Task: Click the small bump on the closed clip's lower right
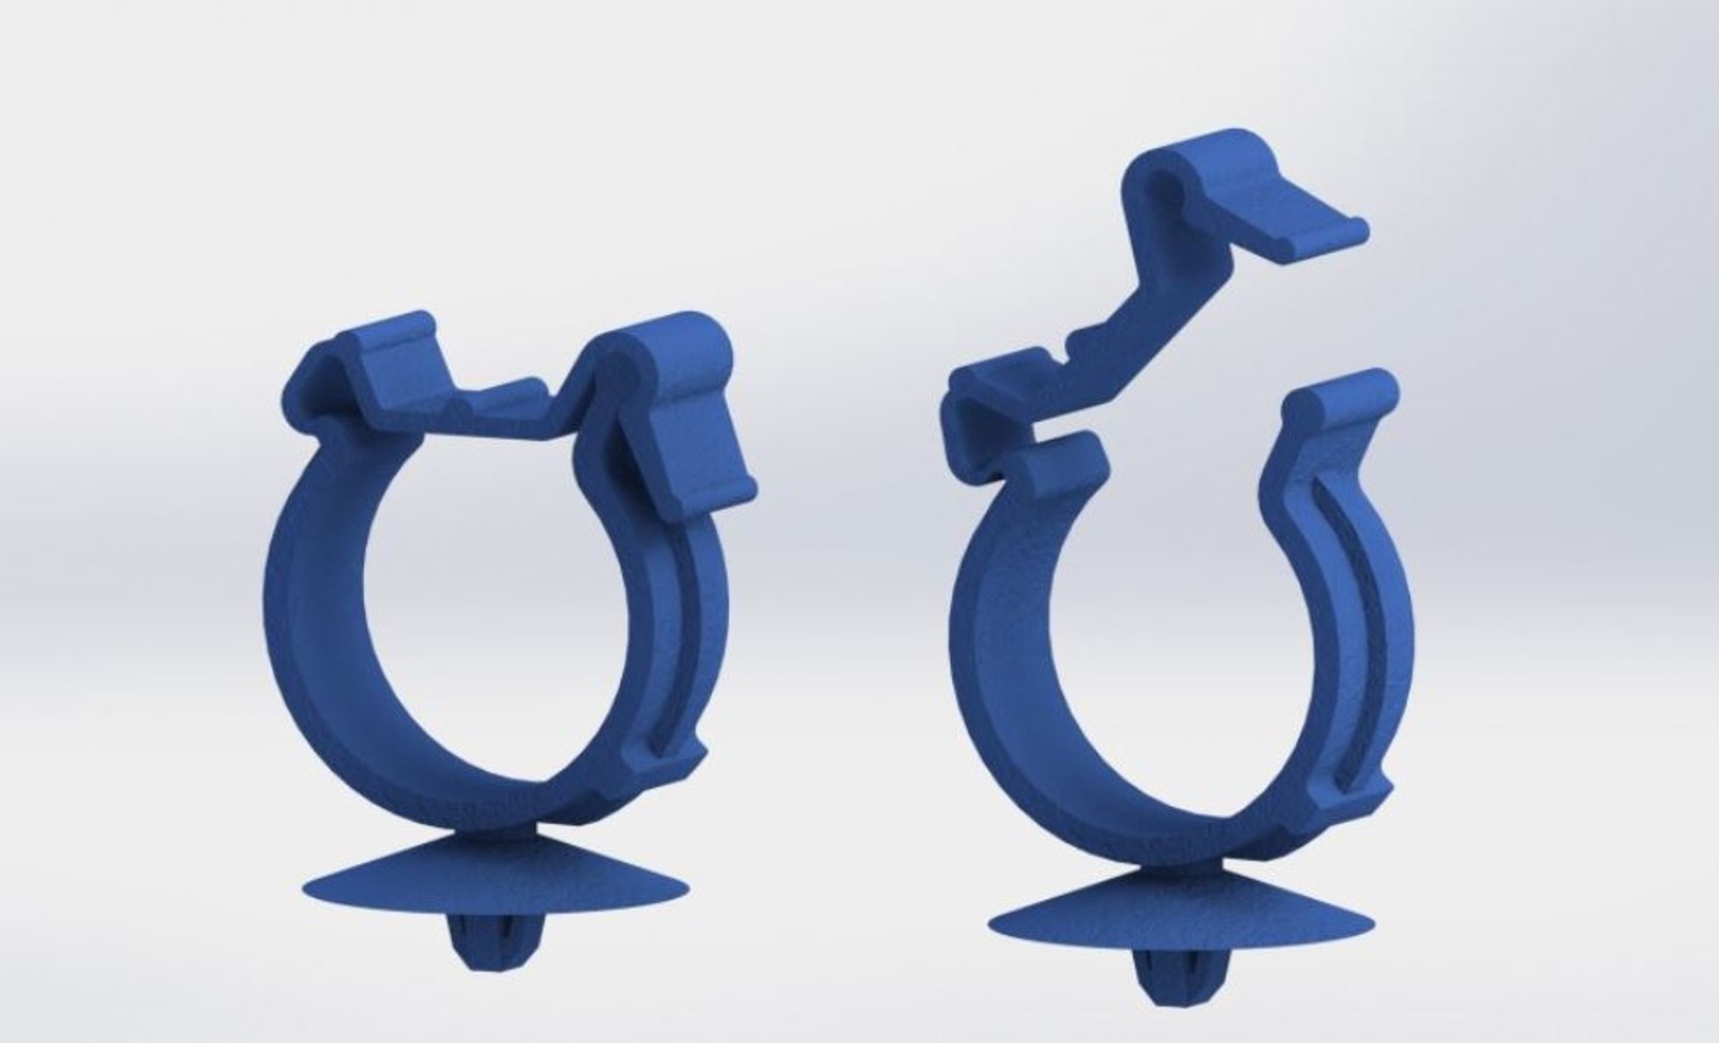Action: tap(687, 762)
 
